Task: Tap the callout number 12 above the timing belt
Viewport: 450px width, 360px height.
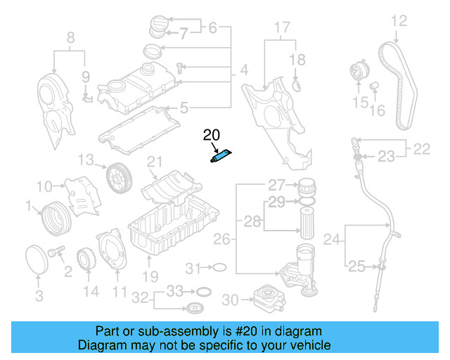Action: coord(399,20)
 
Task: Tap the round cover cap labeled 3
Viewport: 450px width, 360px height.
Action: coord(37,257)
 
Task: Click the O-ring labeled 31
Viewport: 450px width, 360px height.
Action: coord(219,267)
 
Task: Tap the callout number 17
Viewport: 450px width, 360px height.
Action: coord(281,29)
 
